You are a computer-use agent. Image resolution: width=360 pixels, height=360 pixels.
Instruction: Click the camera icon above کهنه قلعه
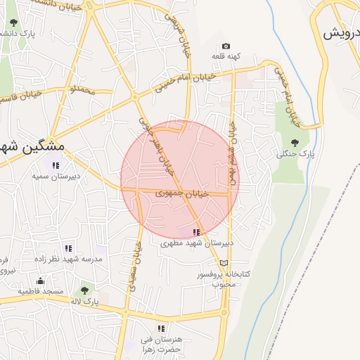tap(226, 46)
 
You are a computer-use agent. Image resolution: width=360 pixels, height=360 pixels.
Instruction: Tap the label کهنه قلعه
tap(229, 56)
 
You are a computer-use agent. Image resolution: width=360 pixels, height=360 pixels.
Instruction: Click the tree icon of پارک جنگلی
tap(294, 143)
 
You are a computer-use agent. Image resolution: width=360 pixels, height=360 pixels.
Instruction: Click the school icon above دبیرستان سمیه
tap(56, 166)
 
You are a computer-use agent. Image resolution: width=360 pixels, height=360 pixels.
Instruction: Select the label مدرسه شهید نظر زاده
tap(68, 259)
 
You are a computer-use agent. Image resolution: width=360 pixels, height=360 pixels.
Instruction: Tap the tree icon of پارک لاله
tap(84, 290)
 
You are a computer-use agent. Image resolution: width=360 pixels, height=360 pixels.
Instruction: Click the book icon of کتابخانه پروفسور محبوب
tap(224, 262)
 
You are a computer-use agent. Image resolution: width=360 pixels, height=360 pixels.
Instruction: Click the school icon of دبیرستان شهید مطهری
tap(195, 232)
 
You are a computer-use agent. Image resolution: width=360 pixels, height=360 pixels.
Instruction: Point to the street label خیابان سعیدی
tap(133, 268)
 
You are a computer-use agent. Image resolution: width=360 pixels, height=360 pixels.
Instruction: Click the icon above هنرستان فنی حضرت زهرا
tap(161, 328)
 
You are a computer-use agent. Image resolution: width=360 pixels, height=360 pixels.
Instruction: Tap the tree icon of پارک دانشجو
tap(14, 22)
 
